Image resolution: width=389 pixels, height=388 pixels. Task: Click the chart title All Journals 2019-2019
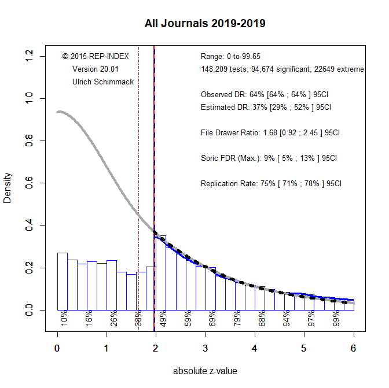(x=205, y=24)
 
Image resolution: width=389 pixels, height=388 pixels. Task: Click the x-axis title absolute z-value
(x=205, y=371)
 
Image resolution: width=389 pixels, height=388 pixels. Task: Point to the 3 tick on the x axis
(x=205, y=349)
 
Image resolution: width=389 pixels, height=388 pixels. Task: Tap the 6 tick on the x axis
(x=353, y=349)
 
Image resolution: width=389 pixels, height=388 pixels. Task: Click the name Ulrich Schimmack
(x=103, y=82)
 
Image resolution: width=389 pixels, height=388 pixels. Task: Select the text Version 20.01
(x=96, y=69)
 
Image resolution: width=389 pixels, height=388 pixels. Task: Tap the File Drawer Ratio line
(x=270, y=132)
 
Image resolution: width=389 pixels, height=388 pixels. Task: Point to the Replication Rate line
(x=271, y=184)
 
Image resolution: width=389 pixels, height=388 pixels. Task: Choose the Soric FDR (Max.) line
(x=269, y=158)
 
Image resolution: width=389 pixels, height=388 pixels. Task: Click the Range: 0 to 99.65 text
(x=230, y=56)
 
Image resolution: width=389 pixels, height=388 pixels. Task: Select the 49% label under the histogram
(x=163, y=319)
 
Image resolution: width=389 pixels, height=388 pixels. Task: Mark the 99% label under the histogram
(x=336, y=319)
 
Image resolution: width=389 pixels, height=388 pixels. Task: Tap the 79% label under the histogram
(x=237, y=319)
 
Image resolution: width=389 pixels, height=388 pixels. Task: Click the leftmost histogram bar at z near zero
(x=63, y=283)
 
